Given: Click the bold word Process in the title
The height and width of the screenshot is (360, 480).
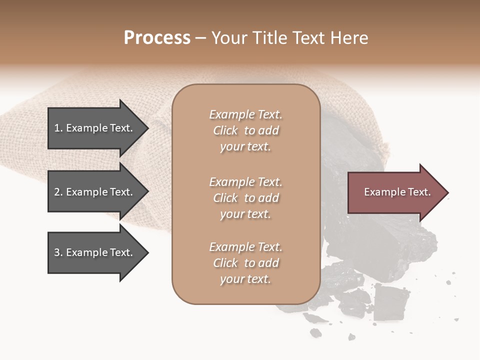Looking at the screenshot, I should (157, 38).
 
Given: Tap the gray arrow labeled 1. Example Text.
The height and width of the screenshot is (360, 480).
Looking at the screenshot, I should (95, 128).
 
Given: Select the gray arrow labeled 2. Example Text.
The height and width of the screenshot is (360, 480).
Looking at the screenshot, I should (95, 192).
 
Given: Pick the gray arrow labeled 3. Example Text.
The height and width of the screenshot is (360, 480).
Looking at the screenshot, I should (95, 252).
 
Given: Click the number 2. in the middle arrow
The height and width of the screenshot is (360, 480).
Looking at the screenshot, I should (58, 192).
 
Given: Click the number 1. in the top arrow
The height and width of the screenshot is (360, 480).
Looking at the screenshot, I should (58, 128).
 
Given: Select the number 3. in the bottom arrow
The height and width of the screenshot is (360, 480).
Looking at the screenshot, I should (58, 252).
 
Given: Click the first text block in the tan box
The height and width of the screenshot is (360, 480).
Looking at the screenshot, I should (245, 130).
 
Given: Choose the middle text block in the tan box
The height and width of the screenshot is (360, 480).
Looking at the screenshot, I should (245, 198).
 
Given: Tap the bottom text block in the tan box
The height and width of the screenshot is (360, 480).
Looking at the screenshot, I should (245, 263).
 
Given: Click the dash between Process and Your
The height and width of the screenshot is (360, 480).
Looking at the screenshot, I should (200, 38).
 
